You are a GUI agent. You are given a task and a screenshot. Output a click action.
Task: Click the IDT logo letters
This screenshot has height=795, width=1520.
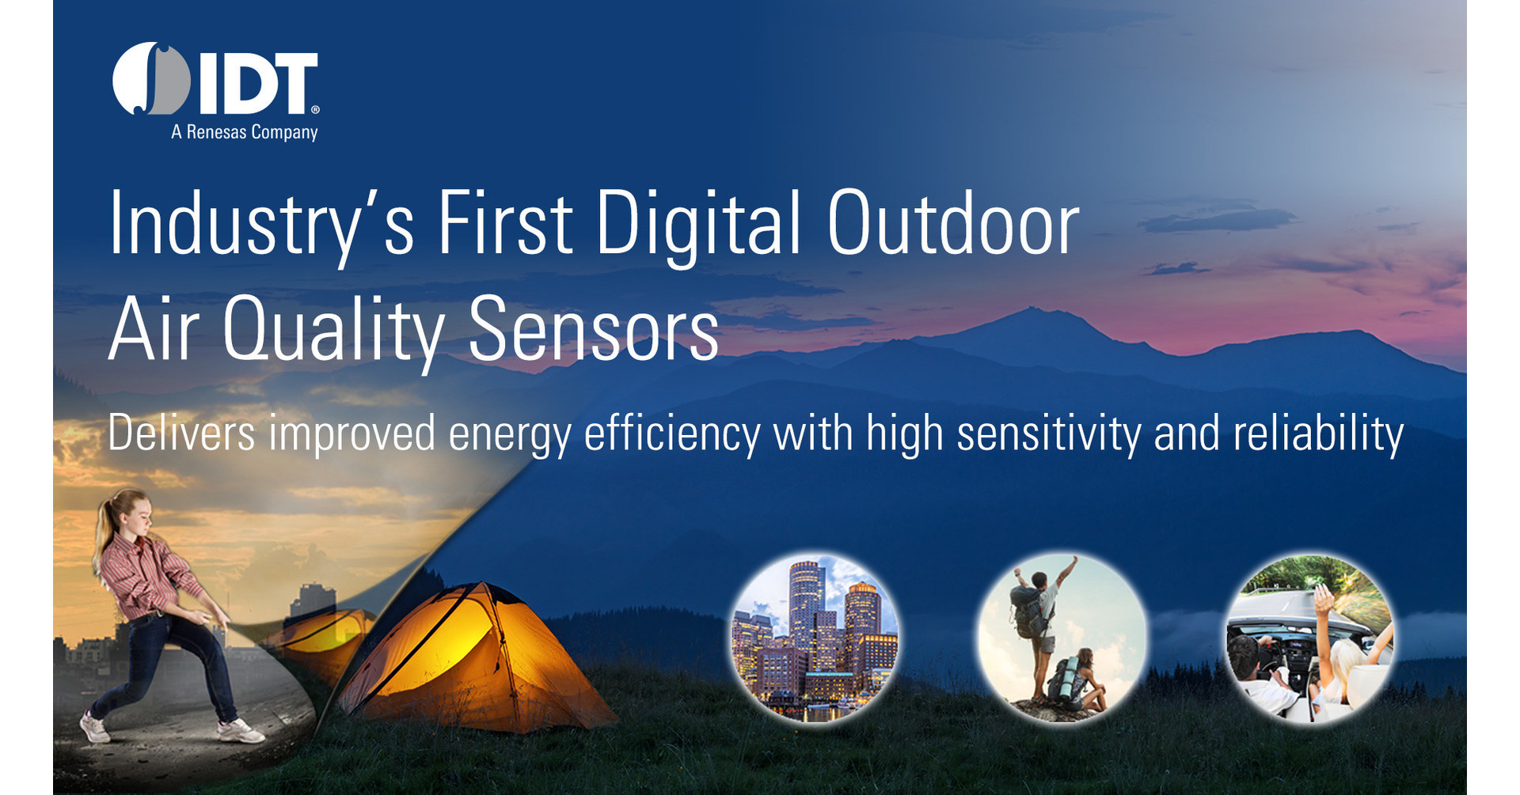(257, 83)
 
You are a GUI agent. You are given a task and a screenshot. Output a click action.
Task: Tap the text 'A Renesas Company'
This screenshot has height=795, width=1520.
(244, 132)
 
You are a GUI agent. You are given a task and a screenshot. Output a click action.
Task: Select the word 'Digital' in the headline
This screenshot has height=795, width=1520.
(698, 225)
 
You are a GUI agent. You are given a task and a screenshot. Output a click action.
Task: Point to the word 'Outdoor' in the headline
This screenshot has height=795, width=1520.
(952, 225)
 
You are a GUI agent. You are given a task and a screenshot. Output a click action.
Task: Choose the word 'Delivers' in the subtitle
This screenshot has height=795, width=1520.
(181, 433)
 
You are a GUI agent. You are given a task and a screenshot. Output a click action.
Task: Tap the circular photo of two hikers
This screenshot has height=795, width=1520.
(1062, 638)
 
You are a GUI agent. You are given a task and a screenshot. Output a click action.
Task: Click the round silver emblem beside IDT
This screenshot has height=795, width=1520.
(151, 79)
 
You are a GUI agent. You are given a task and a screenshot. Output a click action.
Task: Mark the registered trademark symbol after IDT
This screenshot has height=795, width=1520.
(315, 110)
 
